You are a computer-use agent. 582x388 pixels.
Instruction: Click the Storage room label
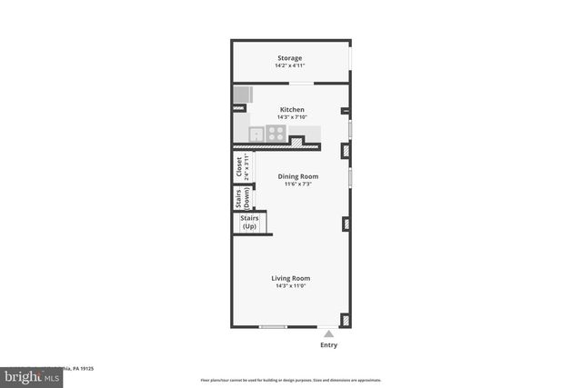click(x=290, y=58)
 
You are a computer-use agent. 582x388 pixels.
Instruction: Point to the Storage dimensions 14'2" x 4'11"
click(x=290, y=65)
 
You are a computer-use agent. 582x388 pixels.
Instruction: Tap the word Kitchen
click(x=292, y=110)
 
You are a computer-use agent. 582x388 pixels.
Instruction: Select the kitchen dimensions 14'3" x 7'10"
click(x=292, y=117)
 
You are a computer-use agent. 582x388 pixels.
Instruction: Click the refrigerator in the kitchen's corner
click(x=242, y=95)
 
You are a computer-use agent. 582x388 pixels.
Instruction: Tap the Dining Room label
click(x=297, y=176)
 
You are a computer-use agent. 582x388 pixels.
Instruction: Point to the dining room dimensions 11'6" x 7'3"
click(x=297, y=184)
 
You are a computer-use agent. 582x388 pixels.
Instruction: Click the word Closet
click(x=238, y=168)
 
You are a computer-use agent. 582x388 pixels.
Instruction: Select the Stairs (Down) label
click(x=239, y=198)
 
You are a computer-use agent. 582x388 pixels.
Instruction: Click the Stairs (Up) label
click(x=249, y=223)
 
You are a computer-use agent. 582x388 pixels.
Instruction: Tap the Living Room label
click(x=291, y=278)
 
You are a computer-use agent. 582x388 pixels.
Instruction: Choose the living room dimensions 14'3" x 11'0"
click(x=291, y=286)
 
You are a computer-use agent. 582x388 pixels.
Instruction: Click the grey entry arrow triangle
click(x=328, y=333)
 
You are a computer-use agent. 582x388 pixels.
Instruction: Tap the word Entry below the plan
click(x=328, y=345)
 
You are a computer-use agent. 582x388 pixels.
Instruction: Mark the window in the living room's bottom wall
click(x=274, y=326)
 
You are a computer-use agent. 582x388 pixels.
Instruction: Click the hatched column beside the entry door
click(x=346, y=320)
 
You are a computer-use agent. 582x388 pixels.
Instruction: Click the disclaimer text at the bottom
click(x=290, y=380)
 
